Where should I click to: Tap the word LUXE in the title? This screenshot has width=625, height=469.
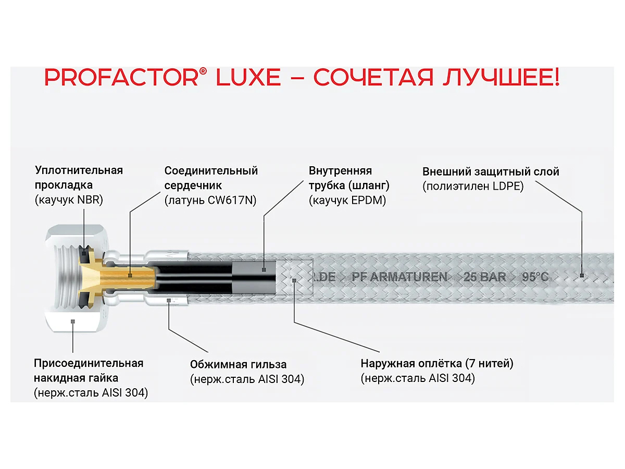coord(248,78)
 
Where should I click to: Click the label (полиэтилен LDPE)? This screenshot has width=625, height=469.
coord(473,186)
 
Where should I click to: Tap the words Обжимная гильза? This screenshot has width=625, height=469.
coord(239,364)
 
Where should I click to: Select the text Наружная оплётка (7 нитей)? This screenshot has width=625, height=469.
coord(437,364)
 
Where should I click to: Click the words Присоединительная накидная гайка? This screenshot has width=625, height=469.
coord(89,370)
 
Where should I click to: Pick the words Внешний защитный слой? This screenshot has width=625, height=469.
coord(491,171)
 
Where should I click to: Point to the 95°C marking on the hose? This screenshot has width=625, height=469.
coord(535,277)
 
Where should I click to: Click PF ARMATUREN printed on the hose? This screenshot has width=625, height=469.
coord(399,277)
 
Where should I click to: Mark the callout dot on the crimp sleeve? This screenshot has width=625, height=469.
coord(168,300)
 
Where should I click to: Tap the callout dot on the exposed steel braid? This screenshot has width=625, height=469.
coord(295,280)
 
